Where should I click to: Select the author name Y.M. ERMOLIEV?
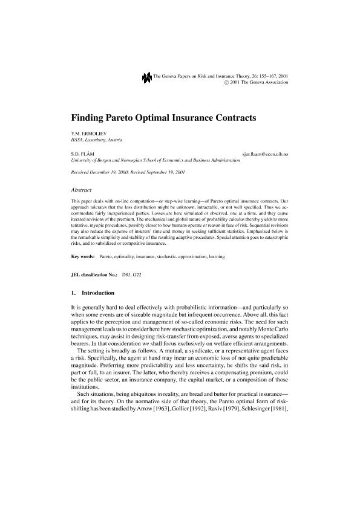(87, 133)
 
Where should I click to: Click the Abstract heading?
(82, 189)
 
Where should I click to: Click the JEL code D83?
(127, 275)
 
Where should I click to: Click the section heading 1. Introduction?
(97, 293)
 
